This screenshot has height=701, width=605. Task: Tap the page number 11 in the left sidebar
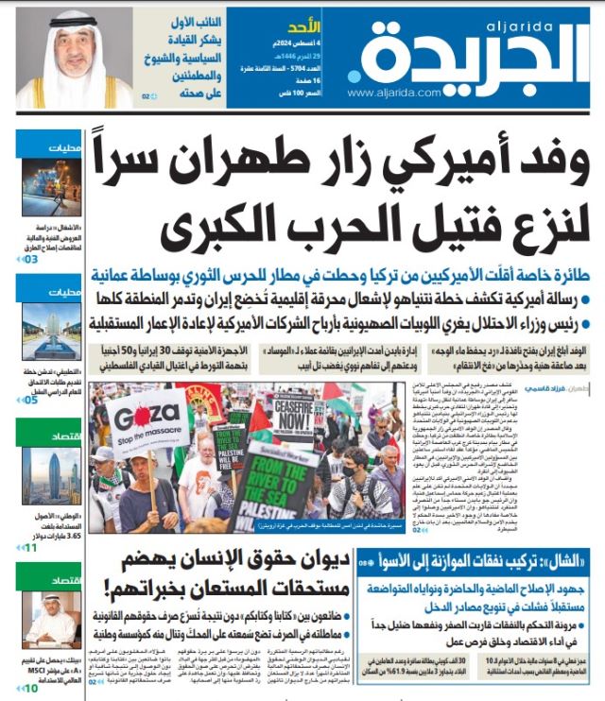coord(31,547)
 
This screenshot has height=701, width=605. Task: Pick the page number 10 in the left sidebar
coord(31,688)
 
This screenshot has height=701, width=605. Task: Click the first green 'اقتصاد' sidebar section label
coord(68,436)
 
